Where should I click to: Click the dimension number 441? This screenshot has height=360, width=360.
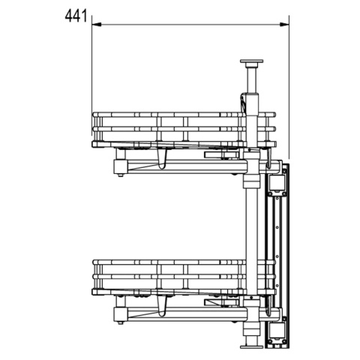pyautogui.click(x=76, y=14)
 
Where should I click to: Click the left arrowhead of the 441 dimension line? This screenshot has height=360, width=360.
pyautogui.click(x=95, y=24)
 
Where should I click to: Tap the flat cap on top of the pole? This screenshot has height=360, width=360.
pyautogui.click(x=253, y=61)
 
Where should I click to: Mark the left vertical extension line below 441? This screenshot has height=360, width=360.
pyautogui.click(x=92, y=67)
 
